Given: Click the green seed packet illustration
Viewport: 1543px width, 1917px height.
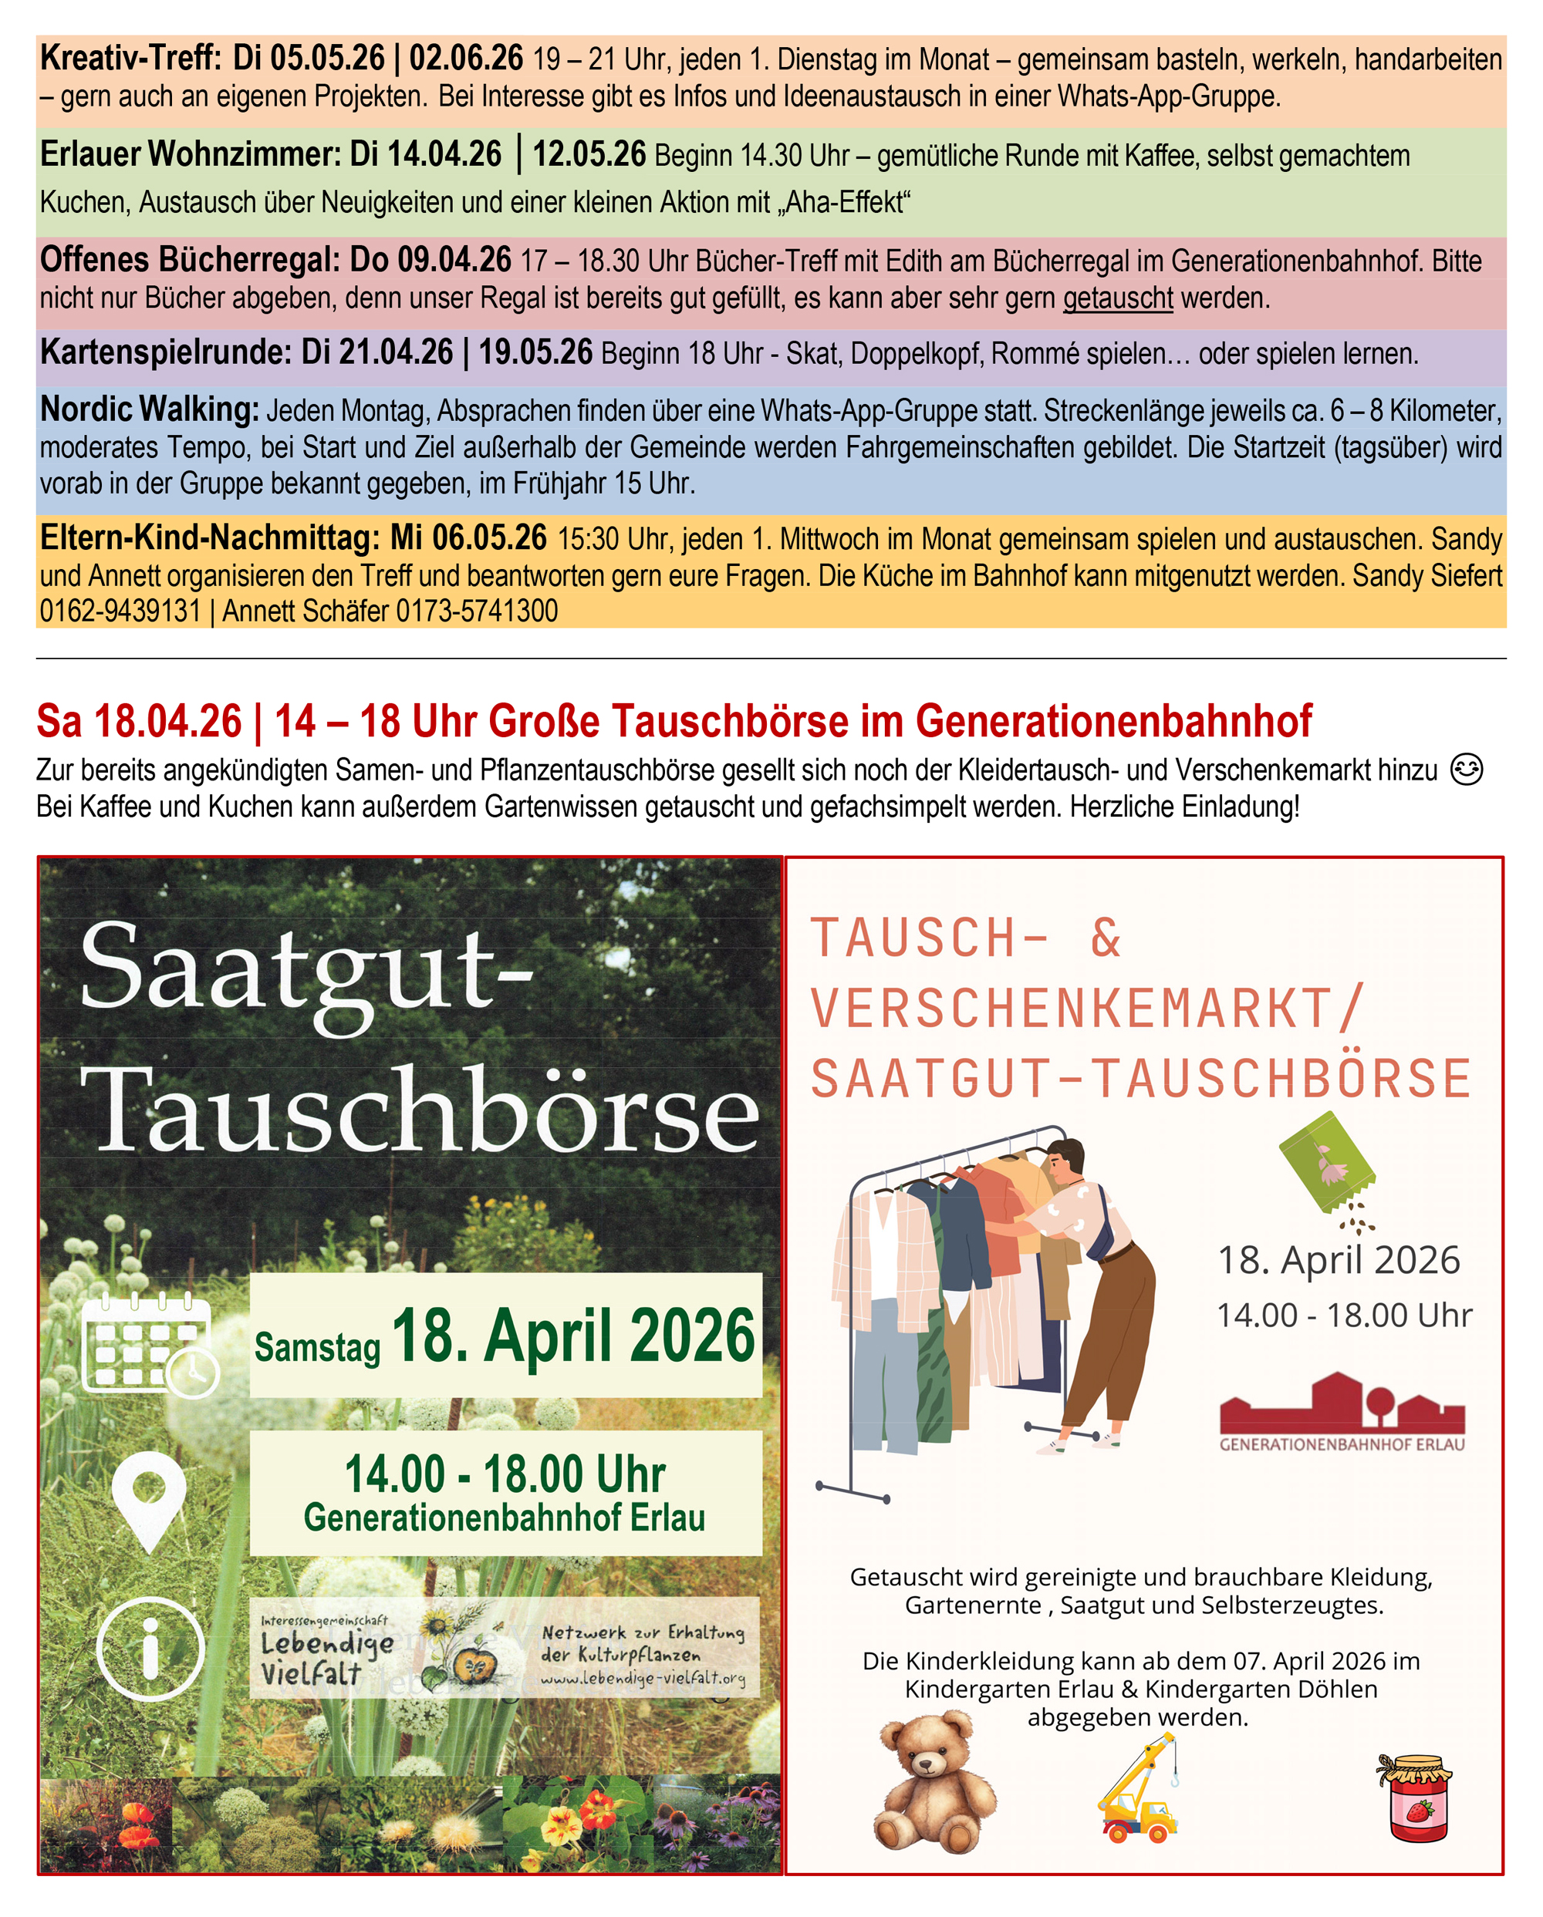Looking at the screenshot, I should [x=1326, y=1161].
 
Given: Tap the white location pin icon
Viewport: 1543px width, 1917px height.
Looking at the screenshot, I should [x=150, y=1500].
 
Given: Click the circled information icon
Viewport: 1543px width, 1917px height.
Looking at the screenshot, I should [x=150, y=1649].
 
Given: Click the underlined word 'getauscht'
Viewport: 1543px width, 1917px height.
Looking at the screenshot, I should [x=1118, y=298].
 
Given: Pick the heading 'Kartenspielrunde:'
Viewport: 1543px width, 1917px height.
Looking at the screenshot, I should [x=165, y=353].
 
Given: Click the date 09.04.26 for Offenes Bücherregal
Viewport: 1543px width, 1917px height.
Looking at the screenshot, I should [x=454, y=261].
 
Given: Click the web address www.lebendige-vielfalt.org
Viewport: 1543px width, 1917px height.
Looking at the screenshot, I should [x=642, y=1679].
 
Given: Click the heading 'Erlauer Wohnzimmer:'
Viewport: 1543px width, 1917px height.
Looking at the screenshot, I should [x=191, y=155].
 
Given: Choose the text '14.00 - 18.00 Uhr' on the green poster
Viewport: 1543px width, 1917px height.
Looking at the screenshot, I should [x=505, y=1474].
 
